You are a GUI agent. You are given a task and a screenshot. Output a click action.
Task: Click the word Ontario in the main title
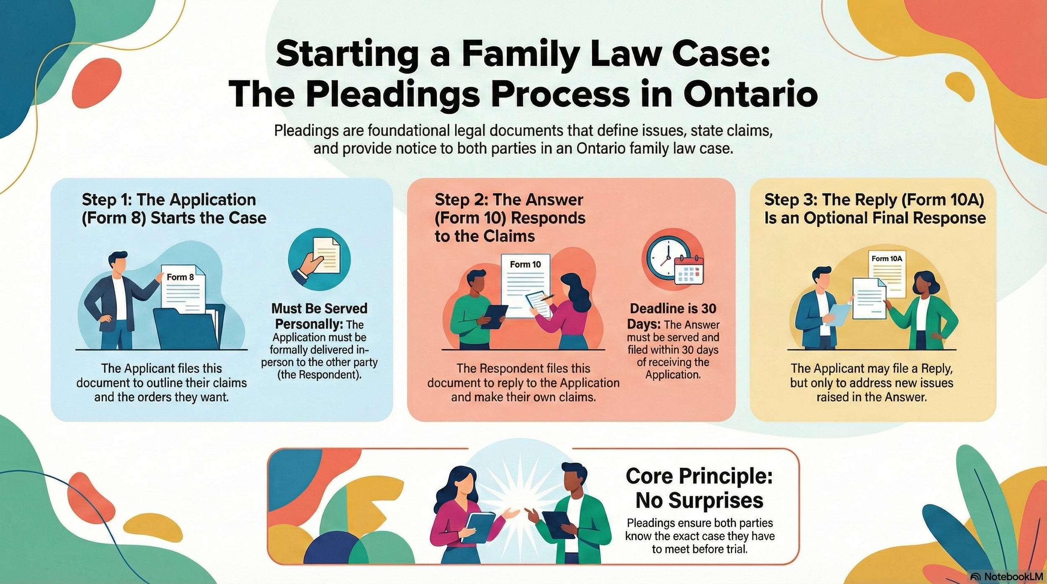pyautogui.click(x=750, y=95)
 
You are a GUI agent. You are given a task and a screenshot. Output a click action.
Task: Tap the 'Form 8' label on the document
pyautogui.click(x=180, y=277)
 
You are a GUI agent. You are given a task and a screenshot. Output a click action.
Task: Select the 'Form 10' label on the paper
pyautogui.click(x=525, y=265)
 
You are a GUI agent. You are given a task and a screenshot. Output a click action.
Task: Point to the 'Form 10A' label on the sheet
pyautogui.click(x=887, y=259)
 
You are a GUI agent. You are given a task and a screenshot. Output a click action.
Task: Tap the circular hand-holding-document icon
pyautogui.click(x=319, y=260)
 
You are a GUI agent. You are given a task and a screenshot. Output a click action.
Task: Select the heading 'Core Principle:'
pyautogui.click(x=699, y=476)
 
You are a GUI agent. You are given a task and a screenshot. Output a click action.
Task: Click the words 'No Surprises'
pyautogui.click(x=699, y=501)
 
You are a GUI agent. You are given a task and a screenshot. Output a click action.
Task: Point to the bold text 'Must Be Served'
pyautogui.click(x=319, y=309)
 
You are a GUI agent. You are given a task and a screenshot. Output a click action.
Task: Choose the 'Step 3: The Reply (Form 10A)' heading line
pyautogui.click(x=874, y=200)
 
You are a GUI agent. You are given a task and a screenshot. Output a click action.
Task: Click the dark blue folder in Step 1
pyautogui.click(x=188, y=329)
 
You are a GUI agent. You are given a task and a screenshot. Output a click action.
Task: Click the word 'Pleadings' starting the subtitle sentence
pyautogui.click(x=306, y=131)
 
